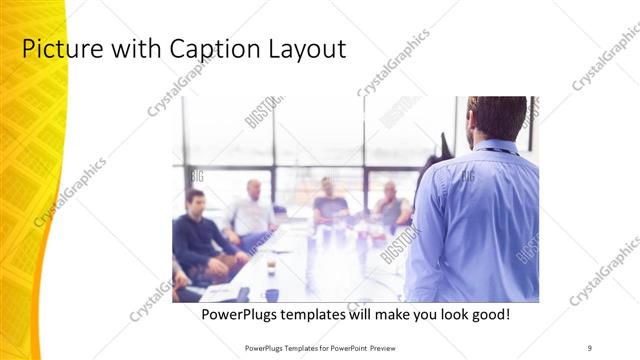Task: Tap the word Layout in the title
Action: point(304,49)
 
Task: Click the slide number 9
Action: point(590,347)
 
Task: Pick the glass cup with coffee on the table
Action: point(271,266)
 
